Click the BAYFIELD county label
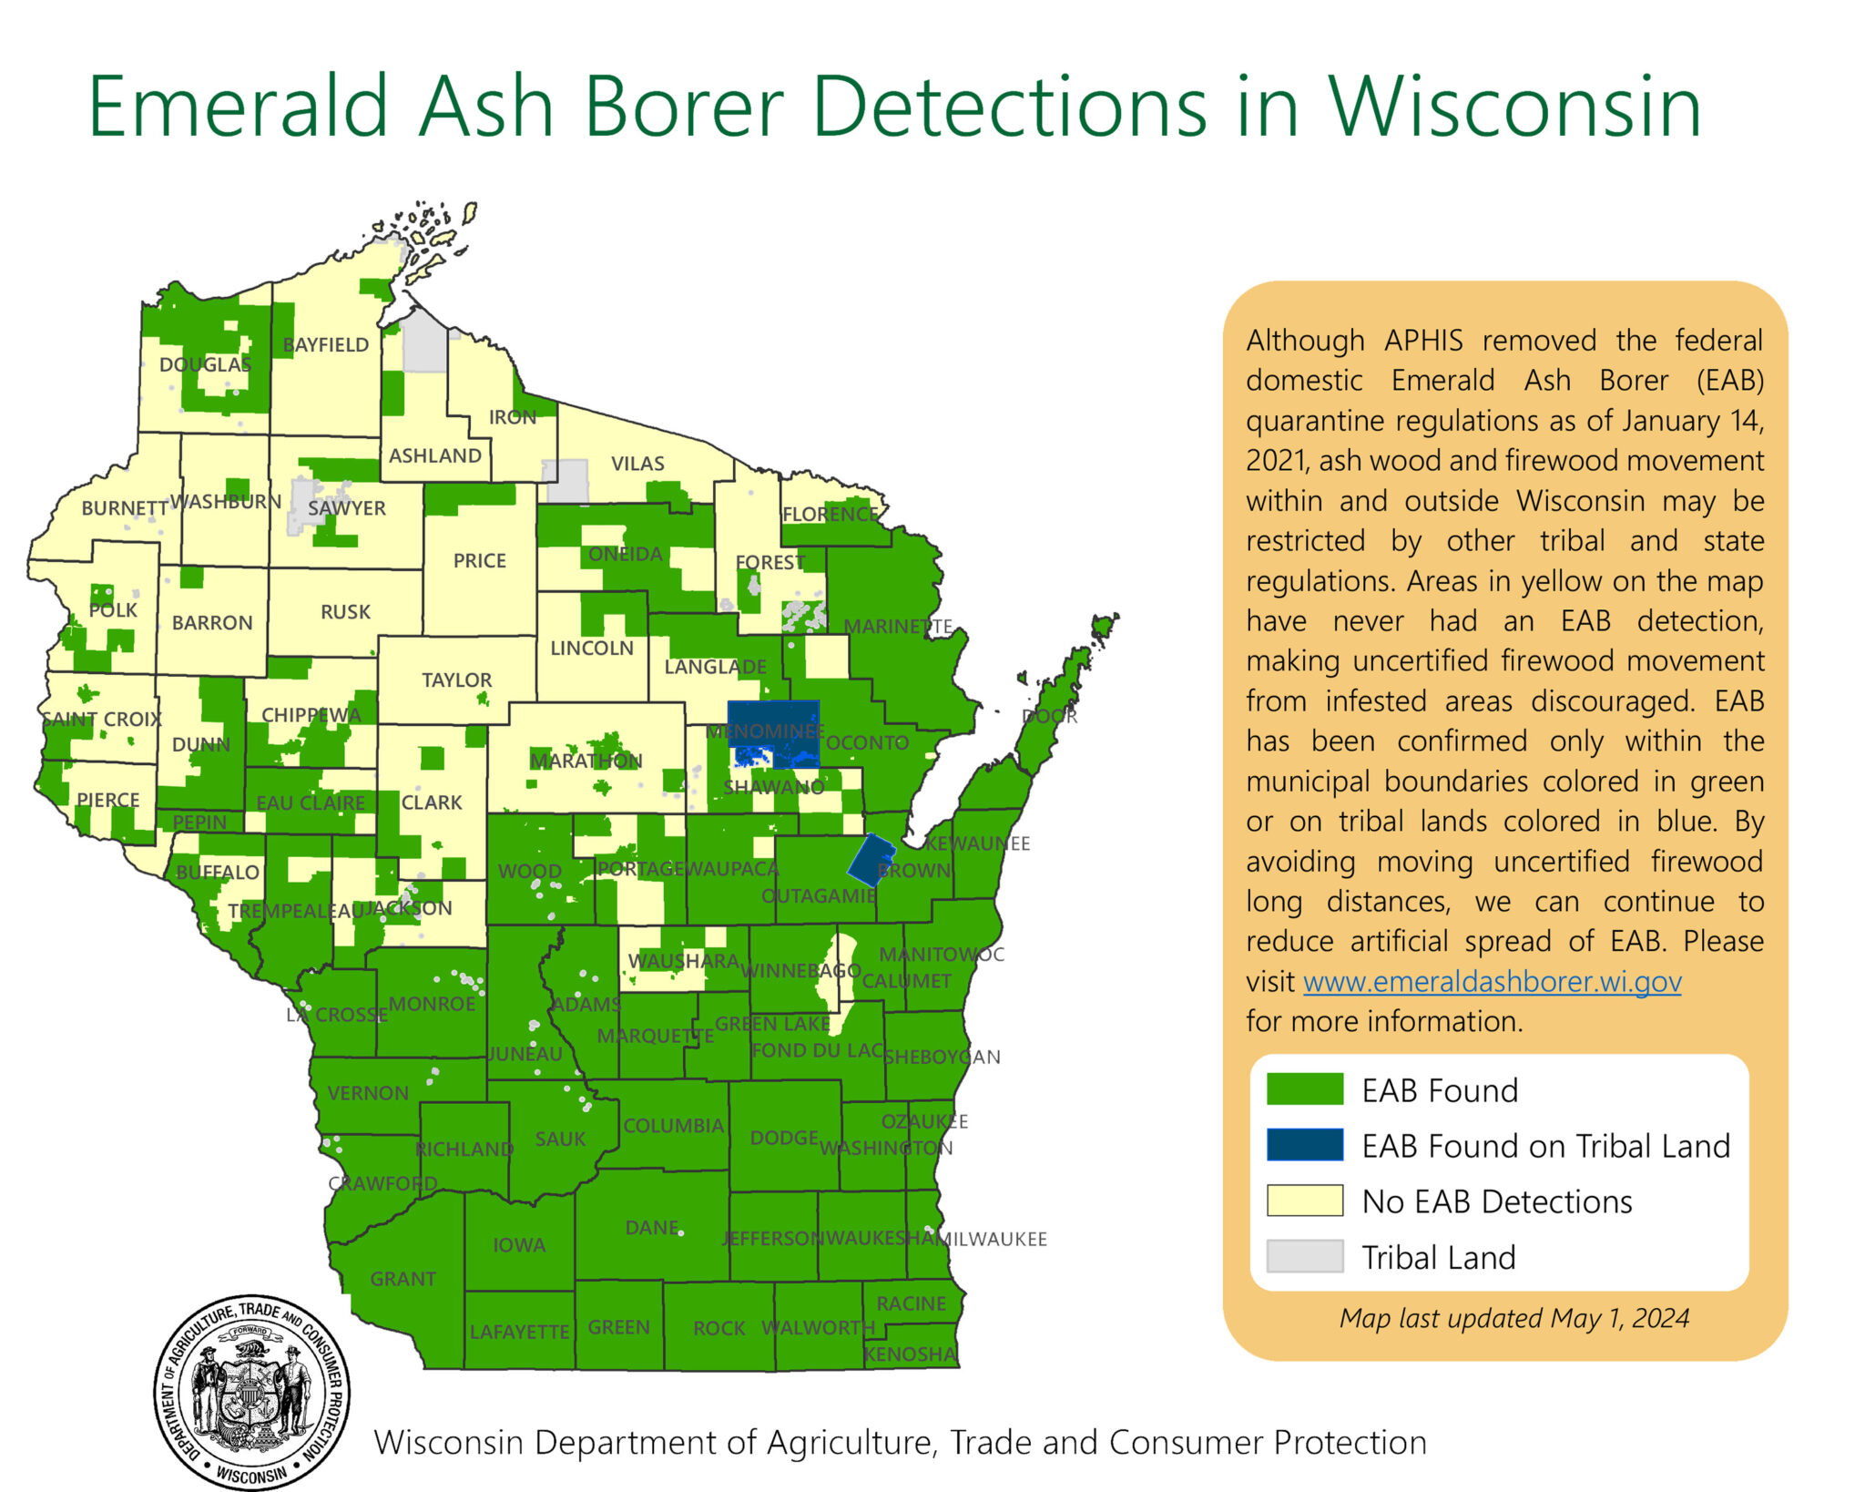click(x=325, y=345)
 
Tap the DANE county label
click(x=651, y=1228)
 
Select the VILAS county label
click(x=637, y=464)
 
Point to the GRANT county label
click(x=403, y=1279)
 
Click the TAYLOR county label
click(x=456, y=680)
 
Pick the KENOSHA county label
click(x=909, y=1354)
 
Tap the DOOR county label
click(x=1049, y=716)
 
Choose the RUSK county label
click(x=345, y=612)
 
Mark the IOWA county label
click(x=518, y=1245)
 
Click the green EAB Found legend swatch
click(x=1304, y=1089)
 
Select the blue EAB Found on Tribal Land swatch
click(x=1304, y=1145)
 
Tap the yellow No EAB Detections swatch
click(x=1304, y=1201)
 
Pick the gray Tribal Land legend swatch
click(x=1304, y=1256)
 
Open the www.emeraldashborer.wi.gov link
click(x=1492, y=982)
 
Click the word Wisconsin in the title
click(x=1514, y=107)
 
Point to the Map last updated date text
click(x=1513, y=1318)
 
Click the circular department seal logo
click(x=251, y=1392)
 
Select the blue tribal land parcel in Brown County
click(x=871, y=859)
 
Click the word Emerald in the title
click(x=239, y=107)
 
